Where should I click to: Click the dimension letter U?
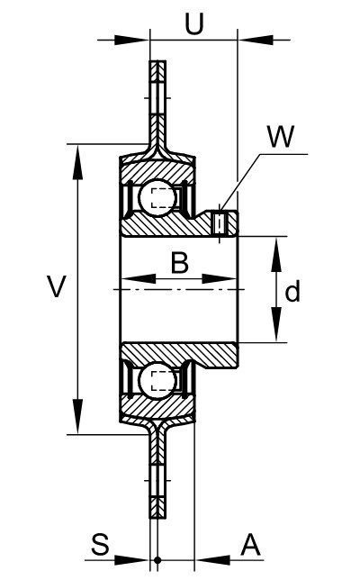coord(194,24)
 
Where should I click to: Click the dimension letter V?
coord(56,285)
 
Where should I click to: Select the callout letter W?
coord(282,136)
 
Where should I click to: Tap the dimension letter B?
coord(180,262)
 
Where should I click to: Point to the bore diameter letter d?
coord(292,291)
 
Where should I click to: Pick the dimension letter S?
coord(100,544)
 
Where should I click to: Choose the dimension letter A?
coord(250,545)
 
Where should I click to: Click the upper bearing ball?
coord(157,197)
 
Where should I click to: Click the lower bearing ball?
coord(157,381)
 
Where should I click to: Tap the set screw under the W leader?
coord(220,222)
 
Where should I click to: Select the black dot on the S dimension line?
coord(157,560)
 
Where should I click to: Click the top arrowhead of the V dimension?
coord(77,162)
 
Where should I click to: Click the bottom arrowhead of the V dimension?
coord(77,416)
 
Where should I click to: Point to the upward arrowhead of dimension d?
coord(275,255)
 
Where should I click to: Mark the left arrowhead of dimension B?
coord(139,278)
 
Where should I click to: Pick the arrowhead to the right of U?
coord(256,40)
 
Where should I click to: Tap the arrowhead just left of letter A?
coord(211,560)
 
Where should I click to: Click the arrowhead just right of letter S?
coord(131,560)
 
